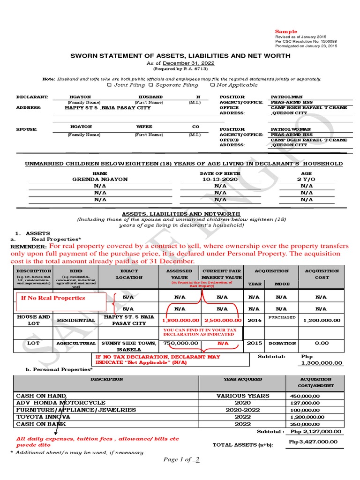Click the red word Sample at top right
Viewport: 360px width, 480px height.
286,32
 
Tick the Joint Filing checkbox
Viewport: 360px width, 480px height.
110,85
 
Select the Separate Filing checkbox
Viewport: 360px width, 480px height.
151,85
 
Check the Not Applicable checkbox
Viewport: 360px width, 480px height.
213,85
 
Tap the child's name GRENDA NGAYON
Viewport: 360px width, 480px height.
100,180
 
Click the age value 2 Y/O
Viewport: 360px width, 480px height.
306,180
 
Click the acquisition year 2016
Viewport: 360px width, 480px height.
255,321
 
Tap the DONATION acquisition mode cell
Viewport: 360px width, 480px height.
282,344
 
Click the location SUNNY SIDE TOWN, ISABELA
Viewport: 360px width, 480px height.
129,346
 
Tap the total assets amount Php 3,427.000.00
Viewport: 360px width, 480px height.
313,442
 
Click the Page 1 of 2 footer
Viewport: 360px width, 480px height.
181,460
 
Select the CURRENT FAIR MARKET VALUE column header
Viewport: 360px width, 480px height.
222,274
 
